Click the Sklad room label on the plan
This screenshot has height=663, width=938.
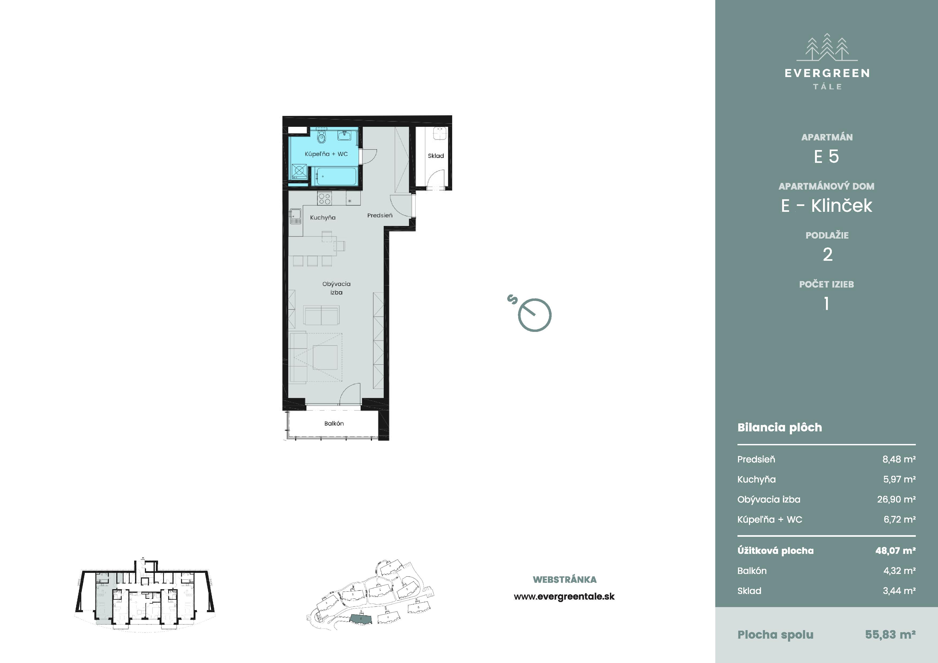tap(436, 156)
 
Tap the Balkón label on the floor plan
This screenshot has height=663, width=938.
tap(334, 423)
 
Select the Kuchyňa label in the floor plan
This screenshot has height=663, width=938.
tap(323, 218)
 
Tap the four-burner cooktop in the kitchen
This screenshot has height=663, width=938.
tap(324, 198)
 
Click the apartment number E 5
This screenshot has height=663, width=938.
tap(826, 156)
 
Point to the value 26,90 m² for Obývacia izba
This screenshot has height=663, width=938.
tap(896, 499)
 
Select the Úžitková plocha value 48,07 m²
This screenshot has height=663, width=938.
tap(895, 551)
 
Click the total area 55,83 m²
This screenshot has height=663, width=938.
tap(890, 634)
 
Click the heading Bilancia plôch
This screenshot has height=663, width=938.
tap(779, 427)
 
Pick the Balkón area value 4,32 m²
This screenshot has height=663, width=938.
tap(899, 571)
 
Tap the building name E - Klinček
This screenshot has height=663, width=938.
tap(826, 205)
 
